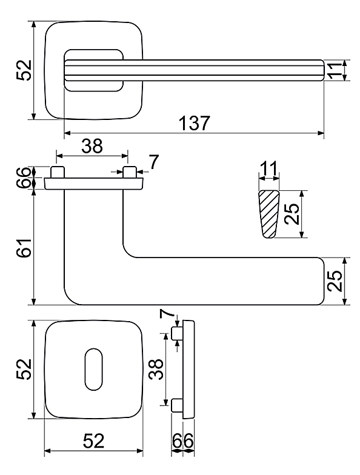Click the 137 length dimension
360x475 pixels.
pyautogui.click(x=194, y=123)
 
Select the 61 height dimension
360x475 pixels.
pyautogui.click(x=24, y=248)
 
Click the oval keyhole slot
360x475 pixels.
pyautogui.click(x=93, y=370)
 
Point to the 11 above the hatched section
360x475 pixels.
pyautogui.click(x=268, y=168)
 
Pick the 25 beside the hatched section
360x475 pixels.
pyautogui.click(x=292, y=214)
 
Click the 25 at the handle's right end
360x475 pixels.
pyautogui.click(x=335, y=281)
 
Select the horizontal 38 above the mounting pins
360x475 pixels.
pyautogui.click(x=92, y=147)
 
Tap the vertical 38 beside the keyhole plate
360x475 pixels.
pyautogui.click(x=156, y=370)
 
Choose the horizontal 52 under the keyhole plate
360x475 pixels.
pyautogui.click(x=93, y=441)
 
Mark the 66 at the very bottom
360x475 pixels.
pyautogui.click(x=183, y=441)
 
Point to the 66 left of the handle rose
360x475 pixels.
pyautogui.click(x=24, y=178)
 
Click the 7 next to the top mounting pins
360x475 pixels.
pyautogui.click(x=154, y=162)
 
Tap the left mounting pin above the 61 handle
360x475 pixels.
pyautogui.click(x=57, y=172)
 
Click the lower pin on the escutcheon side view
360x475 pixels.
pyautogui.click(x=177, y=406)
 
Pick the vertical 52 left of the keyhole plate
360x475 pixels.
pyautogui.click(x=24, y=370)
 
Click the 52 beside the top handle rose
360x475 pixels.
pyautogui.click(x=24, y=70)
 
